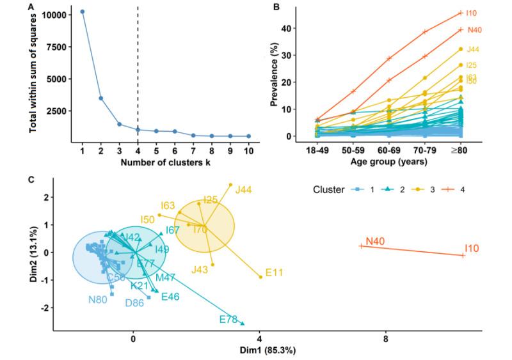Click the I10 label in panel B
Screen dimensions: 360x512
(472, 13)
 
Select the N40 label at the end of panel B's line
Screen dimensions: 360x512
(474, 29)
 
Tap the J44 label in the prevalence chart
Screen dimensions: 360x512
(474, 49)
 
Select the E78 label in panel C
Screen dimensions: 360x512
(228, 318)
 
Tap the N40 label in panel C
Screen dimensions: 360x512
(375, 242)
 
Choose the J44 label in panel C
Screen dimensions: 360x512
(244, 190)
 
